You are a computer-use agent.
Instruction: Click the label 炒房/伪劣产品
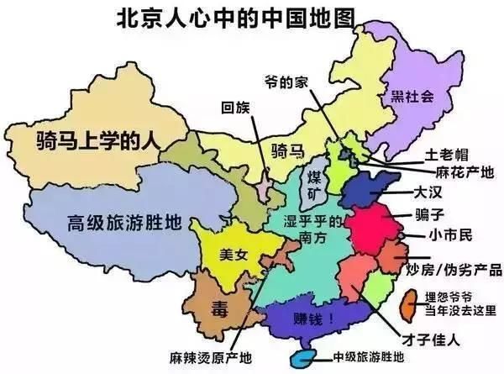pyautogui.click(x=453, y=270)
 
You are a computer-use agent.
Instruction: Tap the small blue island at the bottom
pyautogui.click(x=300, y=359)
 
